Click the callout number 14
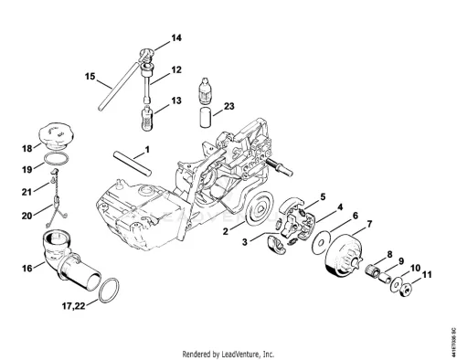176,38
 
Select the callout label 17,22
74,305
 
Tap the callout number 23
229,106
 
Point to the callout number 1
147,150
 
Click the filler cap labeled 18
57,136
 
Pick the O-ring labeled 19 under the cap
56,159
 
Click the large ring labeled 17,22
109,290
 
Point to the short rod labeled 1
133,163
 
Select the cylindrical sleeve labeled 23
206,116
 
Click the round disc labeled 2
260,208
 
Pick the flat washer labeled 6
320,243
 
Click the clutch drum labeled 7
340,258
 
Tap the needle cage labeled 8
372,270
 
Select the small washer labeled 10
396,285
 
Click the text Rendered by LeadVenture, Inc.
228,355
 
